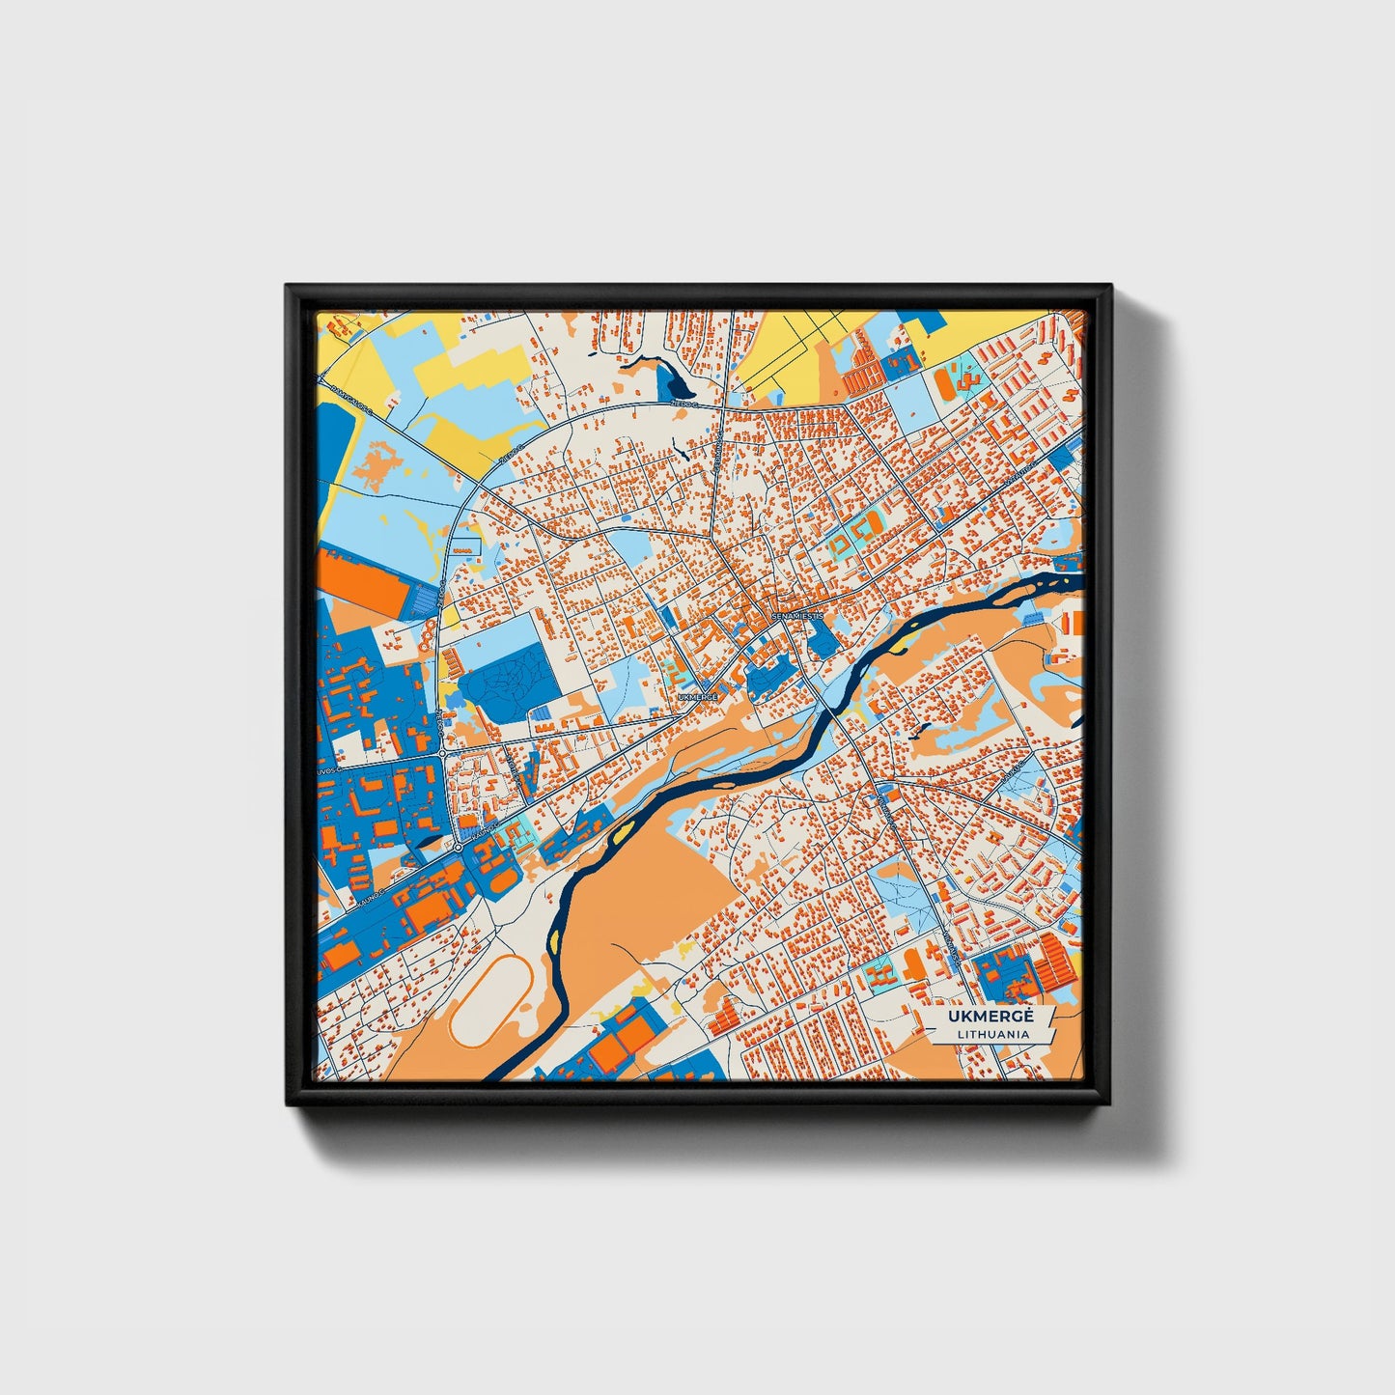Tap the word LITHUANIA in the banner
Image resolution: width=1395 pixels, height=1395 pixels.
tap(991, 1034)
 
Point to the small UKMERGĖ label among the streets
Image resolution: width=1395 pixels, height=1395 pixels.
tap(698, 696)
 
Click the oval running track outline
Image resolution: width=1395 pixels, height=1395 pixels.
tap(489, 999)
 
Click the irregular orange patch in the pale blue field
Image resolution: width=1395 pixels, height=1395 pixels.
tap(377, 463)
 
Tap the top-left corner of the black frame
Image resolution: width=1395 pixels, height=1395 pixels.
tap(287, 286)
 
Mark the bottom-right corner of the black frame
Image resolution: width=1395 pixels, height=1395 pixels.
tap(1110, 1105)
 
